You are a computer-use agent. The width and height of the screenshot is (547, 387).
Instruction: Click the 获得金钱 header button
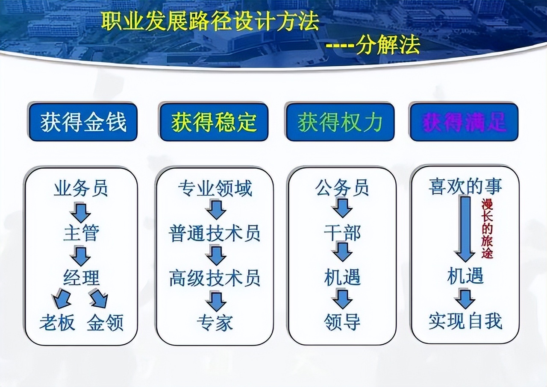(x=83, y=122)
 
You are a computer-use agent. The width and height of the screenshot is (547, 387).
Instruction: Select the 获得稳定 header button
(x=214, y=122)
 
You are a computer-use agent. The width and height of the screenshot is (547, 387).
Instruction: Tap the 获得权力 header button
(x=340, y=122)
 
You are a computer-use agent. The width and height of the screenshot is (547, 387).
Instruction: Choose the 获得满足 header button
(x=464, y=122)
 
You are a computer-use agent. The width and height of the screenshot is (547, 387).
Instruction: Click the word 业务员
(x=81, y=188)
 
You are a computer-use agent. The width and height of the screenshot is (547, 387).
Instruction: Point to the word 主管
(x=81, y=233)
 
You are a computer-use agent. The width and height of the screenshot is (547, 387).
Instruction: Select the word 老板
(x=57, y=322)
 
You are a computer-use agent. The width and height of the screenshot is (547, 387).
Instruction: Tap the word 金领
(x=105, y=322)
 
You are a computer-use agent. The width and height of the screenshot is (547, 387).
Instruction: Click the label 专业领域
(x=215, y=188)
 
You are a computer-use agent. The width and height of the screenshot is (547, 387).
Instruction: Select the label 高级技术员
(x=215, y=278)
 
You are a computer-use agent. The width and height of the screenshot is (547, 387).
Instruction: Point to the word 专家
(x=215, y=322)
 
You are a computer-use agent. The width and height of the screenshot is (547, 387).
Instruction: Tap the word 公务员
(x=342, y=188)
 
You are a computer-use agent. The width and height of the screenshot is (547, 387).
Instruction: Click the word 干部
(x=342, y=233)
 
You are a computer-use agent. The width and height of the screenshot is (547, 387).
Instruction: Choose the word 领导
(x=342, y=322)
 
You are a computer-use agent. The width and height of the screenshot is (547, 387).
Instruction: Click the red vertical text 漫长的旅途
(x=487, y=229)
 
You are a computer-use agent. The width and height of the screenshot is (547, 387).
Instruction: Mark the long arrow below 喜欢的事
(x=465, y=229)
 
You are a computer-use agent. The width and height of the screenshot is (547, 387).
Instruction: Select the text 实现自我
(x=465, y=321)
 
